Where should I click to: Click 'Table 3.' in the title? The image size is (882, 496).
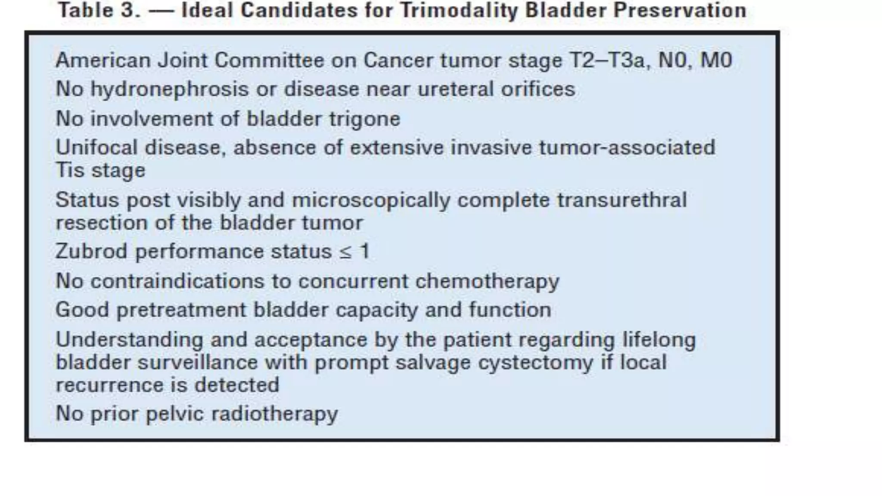99,10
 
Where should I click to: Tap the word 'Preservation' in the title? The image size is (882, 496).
680,10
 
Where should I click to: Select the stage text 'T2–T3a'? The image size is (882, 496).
607,60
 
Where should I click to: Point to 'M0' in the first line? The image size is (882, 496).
716,60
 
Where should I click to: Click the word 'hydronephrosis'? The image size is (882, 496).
169,90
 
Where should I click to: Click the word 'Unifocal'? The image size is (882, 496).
96,148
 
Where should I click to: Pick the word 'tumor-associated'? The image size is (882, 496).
627,148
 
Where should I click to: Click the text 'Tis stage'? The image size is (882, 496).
100,170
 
